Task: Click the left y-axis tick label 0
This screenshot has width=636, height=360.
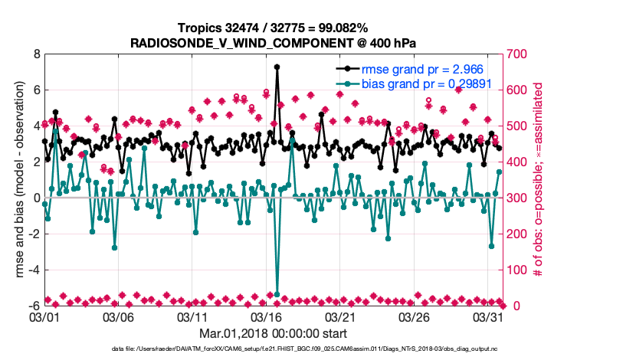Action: [x=36, y=198]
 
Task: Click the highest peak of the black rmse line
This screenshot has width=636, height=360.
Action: [x=277, y=67]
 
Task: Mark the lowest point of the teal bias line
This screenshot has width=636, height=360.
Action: [x=277, y=294]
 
